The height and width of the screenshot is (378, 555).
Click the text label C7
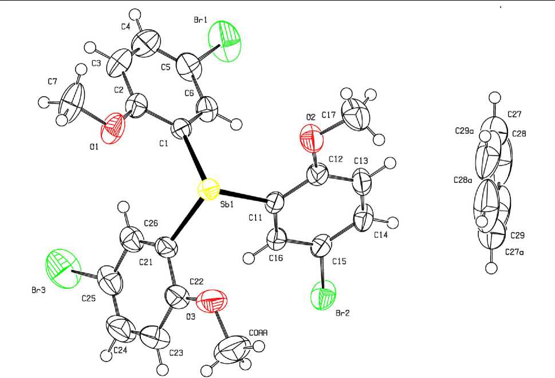click(53, 82)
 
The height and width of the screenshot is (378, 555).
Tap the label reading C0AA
click(259, 332)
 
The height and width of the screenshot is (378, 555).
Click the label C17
click(328, 116)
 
